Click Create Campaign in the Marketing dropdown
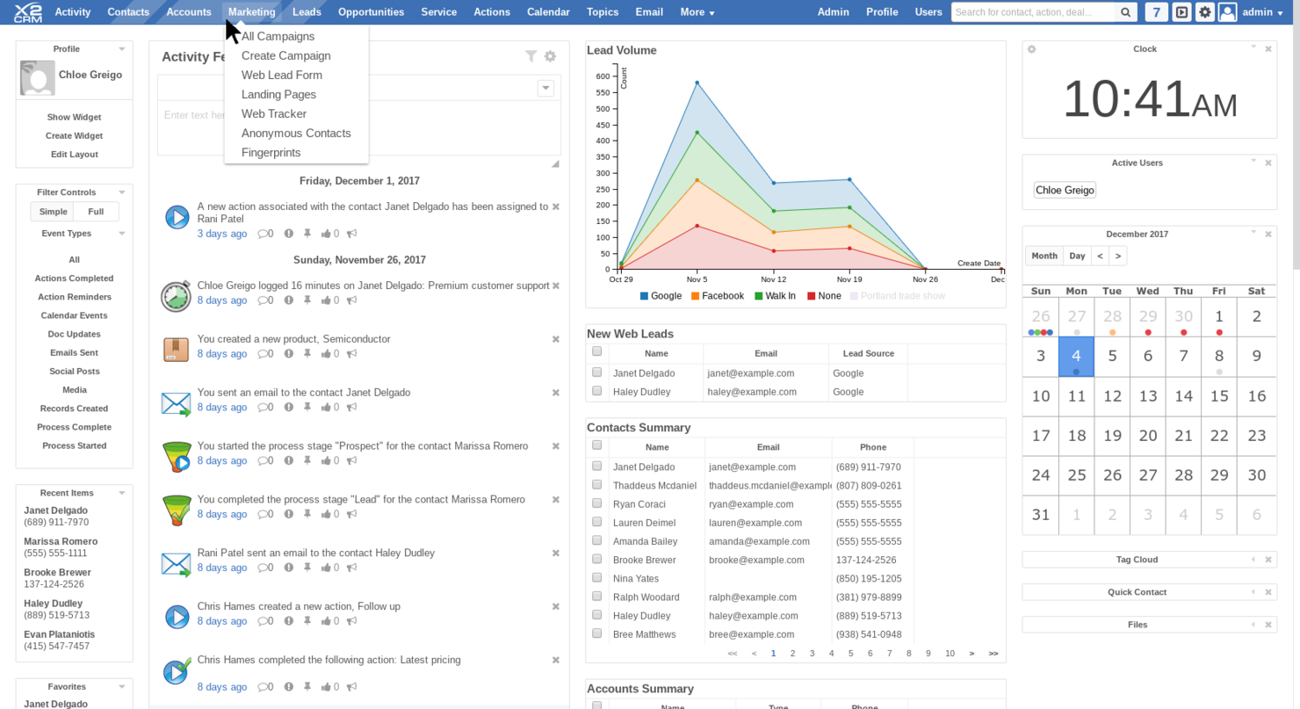[x=285, y=55]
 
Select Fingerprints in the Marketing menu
[x=271, y=152]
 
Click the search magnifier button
[x=1125, y=12]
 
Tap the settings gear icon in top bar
[x=1205, y=12]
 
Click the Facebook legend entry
[x=722, y=296]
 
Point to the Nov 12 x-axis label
[x=773, y=279]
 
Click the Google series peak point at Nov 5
[x=697, y=83]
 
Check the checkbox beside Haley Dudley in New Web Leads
[x=597, y=391]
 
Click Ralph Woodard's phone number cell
[x=869, y=597]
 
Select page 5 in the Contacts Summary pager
[x=850, y=654]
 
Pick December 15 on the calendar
[x=1219, y=396]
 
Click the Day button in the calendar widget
[x=1077, y=256]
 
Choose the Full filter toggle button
[x=96, y=212]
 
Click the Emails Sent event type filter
[x=74, y=352]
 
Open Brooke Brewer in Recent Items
[x=57, y=572]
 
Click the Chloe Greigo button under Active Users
[x=1065, y=190]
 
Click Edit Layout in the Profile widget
[x=74, y=155]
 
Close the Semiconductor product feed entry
[x=555, y=339]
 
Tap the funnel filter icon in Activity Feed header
[x=531, y=56]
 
